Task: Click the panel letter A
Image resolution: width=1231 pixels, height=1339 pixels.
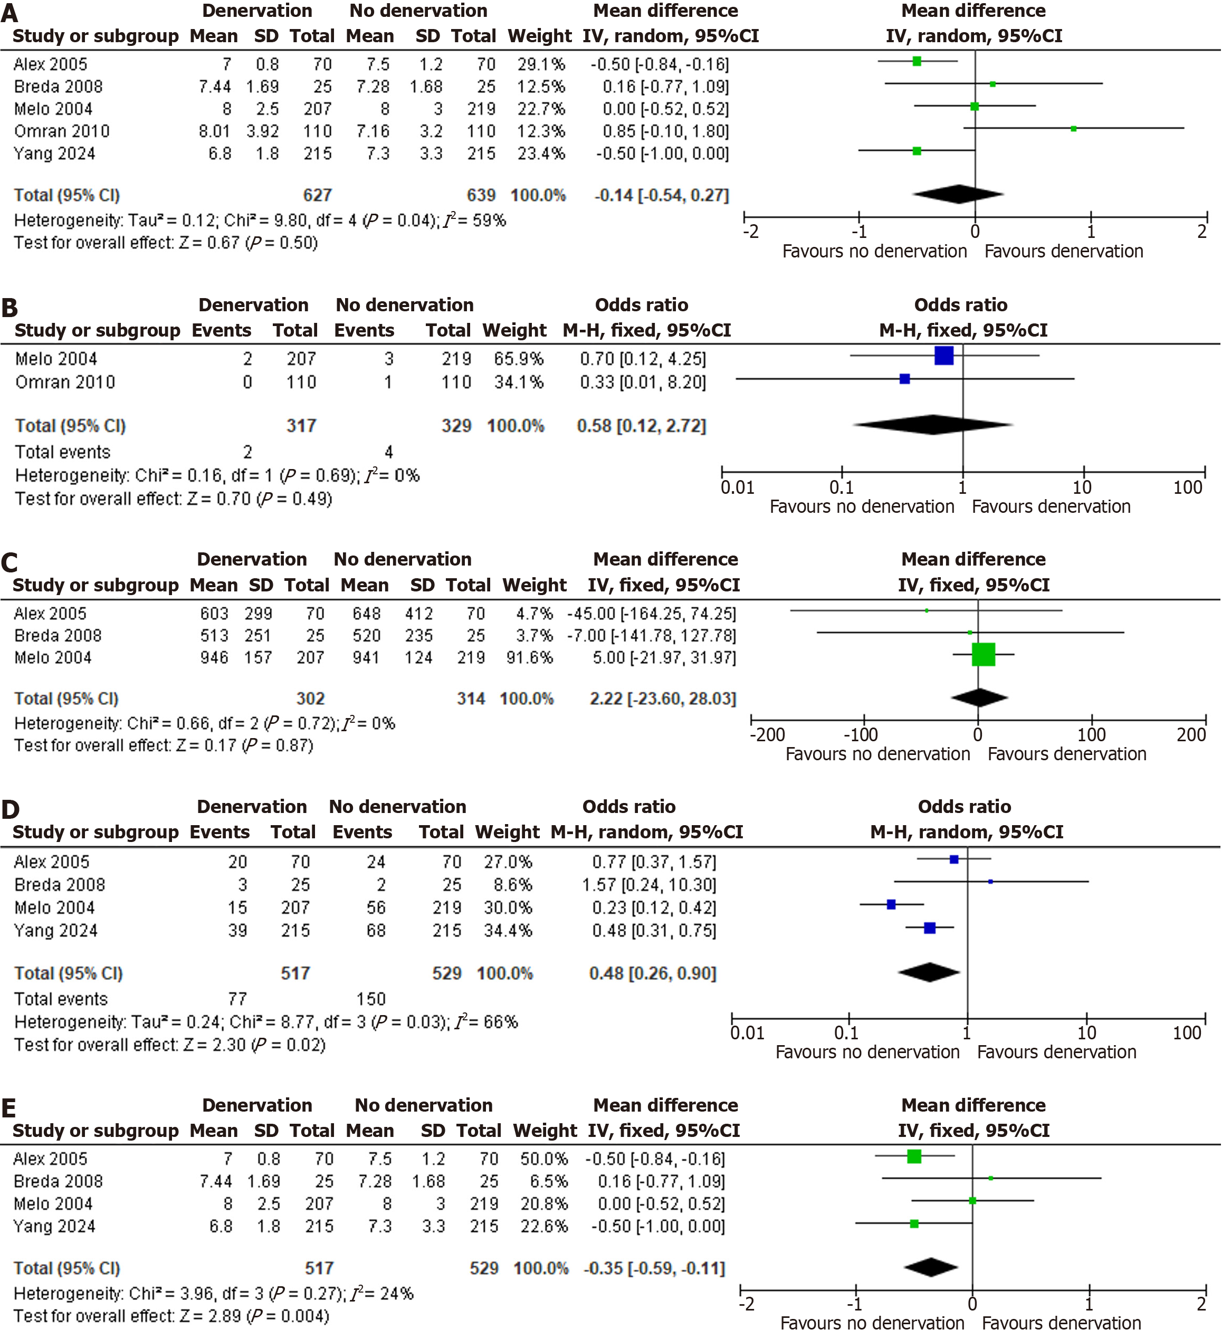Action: (9, 13)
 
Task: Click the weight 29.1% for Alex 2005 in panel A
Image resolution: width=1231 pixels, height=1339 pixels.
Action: (541, 64)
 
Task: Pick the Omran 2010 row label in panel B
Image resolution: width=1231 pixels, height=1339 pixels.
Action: (65, 382)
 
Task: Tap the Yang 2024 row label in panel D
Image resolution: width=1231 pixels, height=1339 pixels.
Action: (56, 931)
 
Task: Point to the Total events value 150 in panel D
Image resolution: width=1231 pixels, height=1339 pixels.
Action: (371, 999)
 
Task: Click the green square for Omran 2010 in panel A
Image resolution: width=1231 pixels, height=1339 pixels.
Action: (1073, 129)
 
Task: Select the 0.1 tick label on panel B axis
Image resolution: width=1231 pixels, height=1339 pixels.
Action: (841, 487)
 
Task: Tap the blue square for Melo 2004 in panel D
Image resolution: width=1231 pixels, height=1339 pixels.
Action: (891, 905)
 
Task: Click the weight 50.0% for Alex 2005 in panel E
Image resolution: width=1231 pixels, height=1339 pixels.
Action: (544, 1159)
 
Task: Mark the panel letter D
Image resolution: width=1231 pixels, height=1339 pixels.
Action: (10, 809)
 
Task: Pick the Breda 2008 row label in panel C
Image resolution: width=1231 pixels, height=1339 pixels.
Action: (58, 636)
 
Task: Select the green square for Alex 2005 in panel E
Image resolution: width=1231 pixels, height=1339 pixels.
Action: (914, 1156)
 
